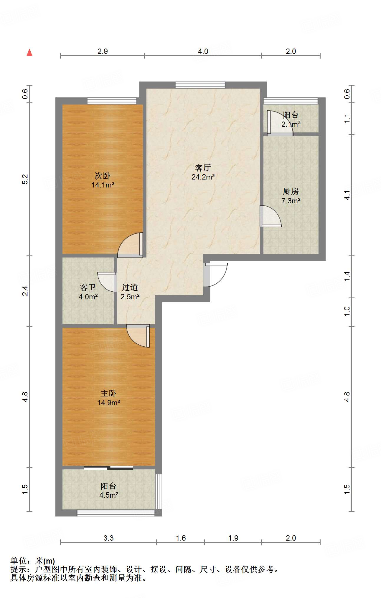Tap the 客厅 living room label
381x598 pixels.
(203, 168)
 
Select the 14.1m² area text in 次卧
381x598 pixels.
(103, 185)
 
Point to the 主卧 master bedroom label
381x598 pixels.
(108, 393)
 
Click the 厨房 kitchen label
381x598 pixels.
(291, 192)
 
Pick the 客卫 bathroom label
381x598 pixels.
(88, 287)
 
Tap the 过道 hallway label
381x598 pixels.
(130, 287)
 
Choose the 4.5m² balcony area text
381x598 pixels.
(109, 495)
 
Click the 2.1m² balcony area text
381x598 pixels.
(291, 124)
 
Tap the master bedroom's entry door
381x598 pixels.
(138, 336)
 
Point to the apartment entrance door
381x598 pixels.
(215, 275)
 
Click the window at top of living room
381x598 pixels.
(200, 85)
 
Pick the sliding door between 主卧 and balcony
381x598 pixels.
(108, 467)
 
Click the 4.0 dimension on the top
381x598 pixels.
(203, 52)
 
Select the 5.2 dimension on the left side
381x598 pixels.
(25, 179)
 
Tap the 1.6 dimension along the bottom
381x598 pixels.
(181, 538)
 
